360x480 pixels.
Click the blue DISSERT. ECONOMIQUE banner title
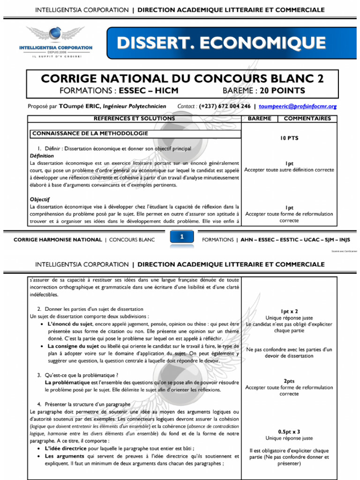tap(221, 43)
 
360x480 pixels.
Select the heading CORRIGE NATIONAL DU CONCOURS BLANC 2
tap(182, 78)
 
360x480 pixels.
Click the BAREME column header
tap(259, 119)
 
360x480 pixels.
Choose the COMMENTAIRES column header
tap(307, 119)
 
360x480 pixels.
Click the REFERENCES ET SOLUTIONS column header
tap(134, 119)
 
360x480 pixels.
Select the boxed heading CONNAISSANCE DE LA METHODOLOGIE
tap(90, 134)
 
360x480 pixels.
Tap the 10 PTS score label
tap(289, 138)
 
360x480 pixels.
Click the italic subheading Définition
tap(42, 156)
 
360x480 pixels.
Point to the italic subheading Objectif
tap(40, 199)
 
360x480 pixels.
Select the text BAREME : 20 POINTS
tap(263, 90)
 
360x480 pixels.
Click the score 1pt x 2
tap(289, 311)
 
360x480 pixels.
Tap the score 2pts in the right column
tap(289, 381)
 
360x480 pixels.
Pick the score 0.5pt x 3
tap(289, 432)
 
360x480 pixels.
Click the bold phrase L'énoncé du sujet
tap(70, 324)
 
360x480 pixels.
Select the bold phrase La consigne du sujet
tap(73, 346)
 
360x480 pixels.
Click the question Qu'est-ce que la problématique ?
tap(81, 375)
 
